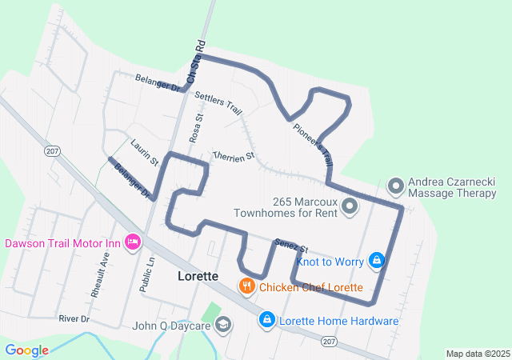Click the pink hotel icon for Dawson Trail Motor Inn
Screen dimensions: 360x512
pos(133,241)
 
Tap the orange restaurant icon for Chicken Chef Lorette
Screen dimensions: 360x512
pos(247,286)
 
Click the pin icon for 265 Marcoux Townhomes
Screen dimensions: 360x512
pos(350,207)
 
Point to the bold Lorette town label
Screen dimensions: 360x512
pos(197,275)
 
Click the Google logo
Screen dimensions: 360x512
pos(26,350)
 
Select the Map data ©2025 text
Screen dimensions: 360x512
pos(477,354)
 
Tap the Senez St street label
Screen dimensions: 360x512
pos(291,246)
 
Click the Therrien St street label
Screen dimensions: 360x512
pos(233,156)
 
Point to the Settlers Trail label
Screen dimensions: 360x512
pos(218,102)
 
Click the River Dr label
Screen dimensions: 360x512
pos(74,318)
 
